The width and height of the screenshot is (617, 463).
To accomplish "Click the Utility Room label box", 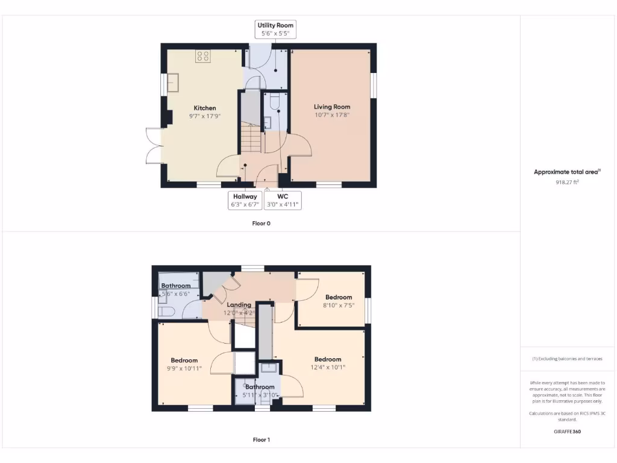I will coord(275,30).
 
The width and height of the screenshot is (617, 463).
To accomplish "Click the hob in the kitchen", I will coord(203,57).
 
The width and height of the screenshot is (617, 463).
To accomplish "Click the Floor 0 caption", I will coord(261,223).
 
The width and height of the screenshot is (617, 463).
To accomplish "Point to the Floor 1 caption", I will coord(261,440).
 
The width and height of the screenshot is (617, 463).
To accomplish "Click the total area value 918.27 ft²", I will coord(567,181).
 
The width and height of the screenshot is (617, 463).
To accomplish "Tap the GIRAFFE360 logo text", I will coord(567,432).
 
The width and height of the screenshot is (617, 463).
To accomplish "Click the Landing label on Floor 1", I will coord(239,305).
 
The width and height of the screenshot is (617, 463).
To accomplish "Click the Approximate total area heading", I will coord(567,172).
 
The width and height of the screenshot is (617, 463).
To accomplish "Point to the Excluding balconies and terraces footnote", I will coord(567,359).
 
